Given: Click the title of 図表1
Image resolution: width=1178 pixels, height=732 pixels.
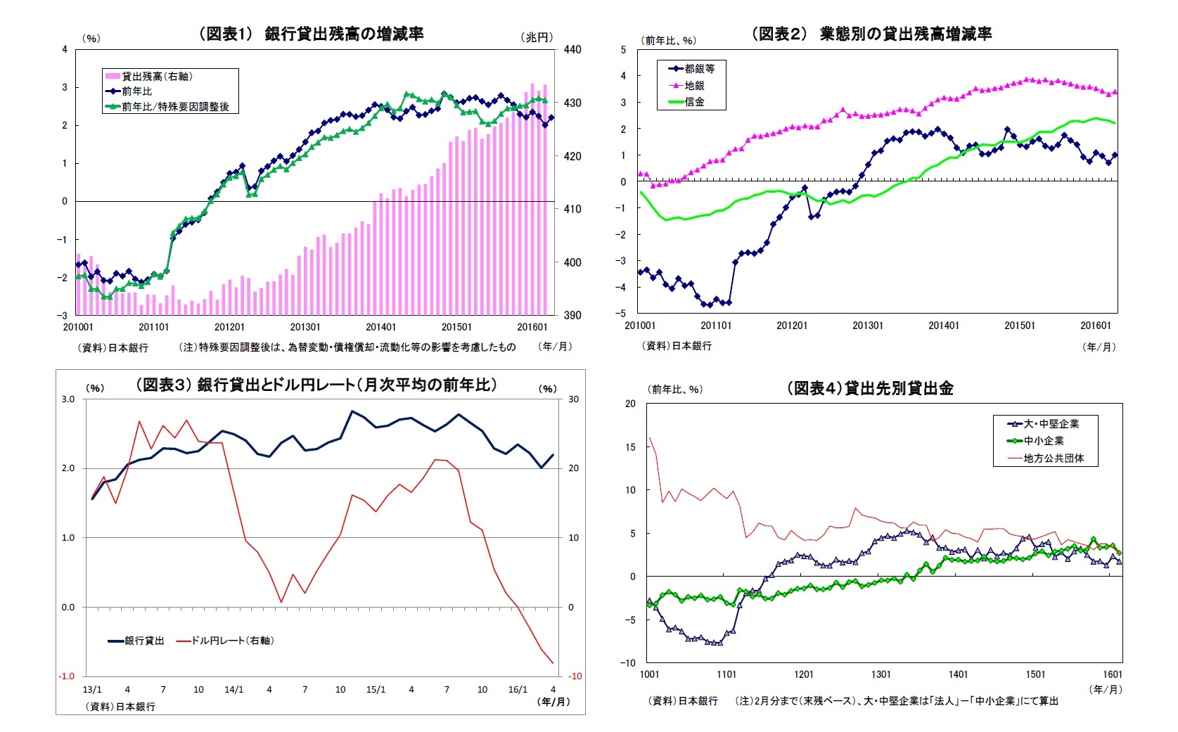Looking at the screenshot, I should (312, 34).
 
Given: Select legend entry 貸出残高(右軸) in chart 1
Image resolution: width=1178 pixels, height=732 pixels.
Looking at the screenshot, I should (157, 77).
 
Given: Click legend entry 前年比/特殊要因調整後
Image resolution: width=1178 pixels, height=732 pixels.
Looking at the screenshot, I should (175, 107).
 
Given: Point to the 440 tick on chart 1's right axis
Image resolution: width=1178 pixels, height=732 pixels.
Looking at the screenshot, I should (572, 50).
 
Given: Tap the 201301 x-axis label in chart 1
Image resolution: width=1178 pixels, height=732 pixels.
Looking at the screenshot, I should (305, 327).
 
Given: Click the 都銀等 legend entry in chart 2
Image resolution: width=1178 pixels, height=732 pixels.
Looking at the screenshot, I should (699, 69).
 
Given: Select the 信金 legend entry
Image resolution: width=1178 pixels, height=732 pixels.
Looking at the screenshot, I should (694, 102).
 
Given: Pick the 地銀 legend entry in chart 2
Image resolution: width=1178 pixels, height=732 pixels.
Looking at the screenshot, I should (694, 86).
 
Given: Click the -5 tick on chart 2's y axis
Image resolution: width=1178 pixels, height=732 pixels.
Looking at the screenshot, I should (622, 314).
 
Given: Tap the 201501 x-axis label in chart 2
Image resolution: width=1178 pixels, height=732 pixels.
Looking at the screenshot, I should (1020, 326).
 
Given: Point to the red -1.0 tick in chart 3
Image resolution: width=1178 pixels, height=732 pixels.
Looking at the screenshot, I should (66, 676).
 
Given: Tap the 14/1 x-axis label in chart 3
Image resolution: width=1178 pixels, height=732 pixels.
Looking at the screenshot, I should (233, 690).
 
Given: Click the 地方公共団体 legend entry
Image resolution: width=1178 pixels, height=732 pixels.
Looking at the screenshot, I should (1054, 458).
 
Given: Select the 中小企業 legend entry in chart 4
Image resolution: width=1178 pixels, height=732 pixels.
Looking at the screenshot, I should (1044, 441).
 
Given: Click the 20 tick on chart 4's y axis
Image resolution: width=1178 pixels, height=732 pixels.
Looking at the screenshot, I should (629, 404).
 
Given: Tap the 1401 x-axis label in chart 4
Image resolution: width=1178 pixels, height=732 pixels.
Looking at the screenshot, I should (958, 675).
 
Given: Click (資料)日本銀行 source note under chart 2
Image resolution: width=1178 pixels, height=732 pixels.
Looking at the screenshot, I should (677, 346).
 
